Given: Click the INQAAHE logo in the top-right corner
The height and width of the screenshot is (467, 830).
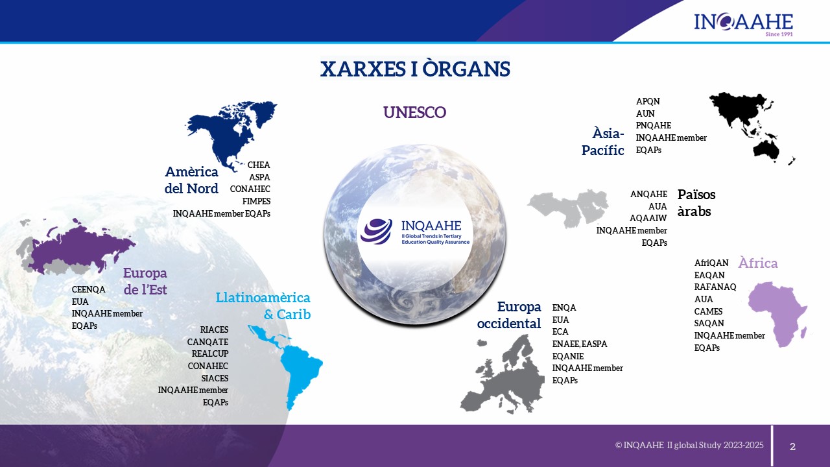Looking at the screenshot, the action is pos(743,25).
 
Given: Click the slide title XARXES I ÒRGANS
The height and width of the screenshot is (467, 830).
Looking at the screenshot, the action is pos(415,69).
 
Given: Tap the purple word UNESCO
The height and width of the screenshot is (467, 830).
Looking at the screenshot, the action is pos(414,112).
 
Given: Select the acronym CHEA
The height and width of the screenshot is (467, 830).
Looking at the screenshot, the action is pos(259,165).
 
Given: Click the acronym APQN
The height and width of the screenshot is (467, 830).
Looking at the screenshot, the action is pos(648,101).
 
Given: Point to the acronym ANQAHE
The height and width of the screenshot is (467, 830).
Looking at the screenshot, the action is pos(648,194).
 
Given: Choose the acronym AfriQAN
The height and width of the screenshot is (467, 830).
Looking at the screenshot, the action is pos(711,263).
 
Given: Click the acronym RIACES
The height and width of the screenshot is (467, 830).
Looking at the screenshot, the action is pos(214,329).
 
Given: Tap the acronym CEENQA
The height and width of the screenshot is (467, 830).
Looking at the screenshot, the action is pos(89,289).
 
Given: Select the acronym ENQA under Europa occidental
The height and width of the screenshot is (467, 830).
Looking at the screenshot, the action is pos(564,307).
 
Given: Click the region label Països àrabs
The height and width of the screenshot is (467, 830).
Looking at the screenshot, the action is pos(696,203).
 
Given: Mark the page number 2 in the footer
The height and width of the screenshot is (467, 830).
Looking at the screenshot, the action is pos(792,447).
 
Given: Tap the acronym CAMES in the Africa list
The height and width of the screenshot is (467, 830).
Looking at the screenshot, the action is pos(709,311).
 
